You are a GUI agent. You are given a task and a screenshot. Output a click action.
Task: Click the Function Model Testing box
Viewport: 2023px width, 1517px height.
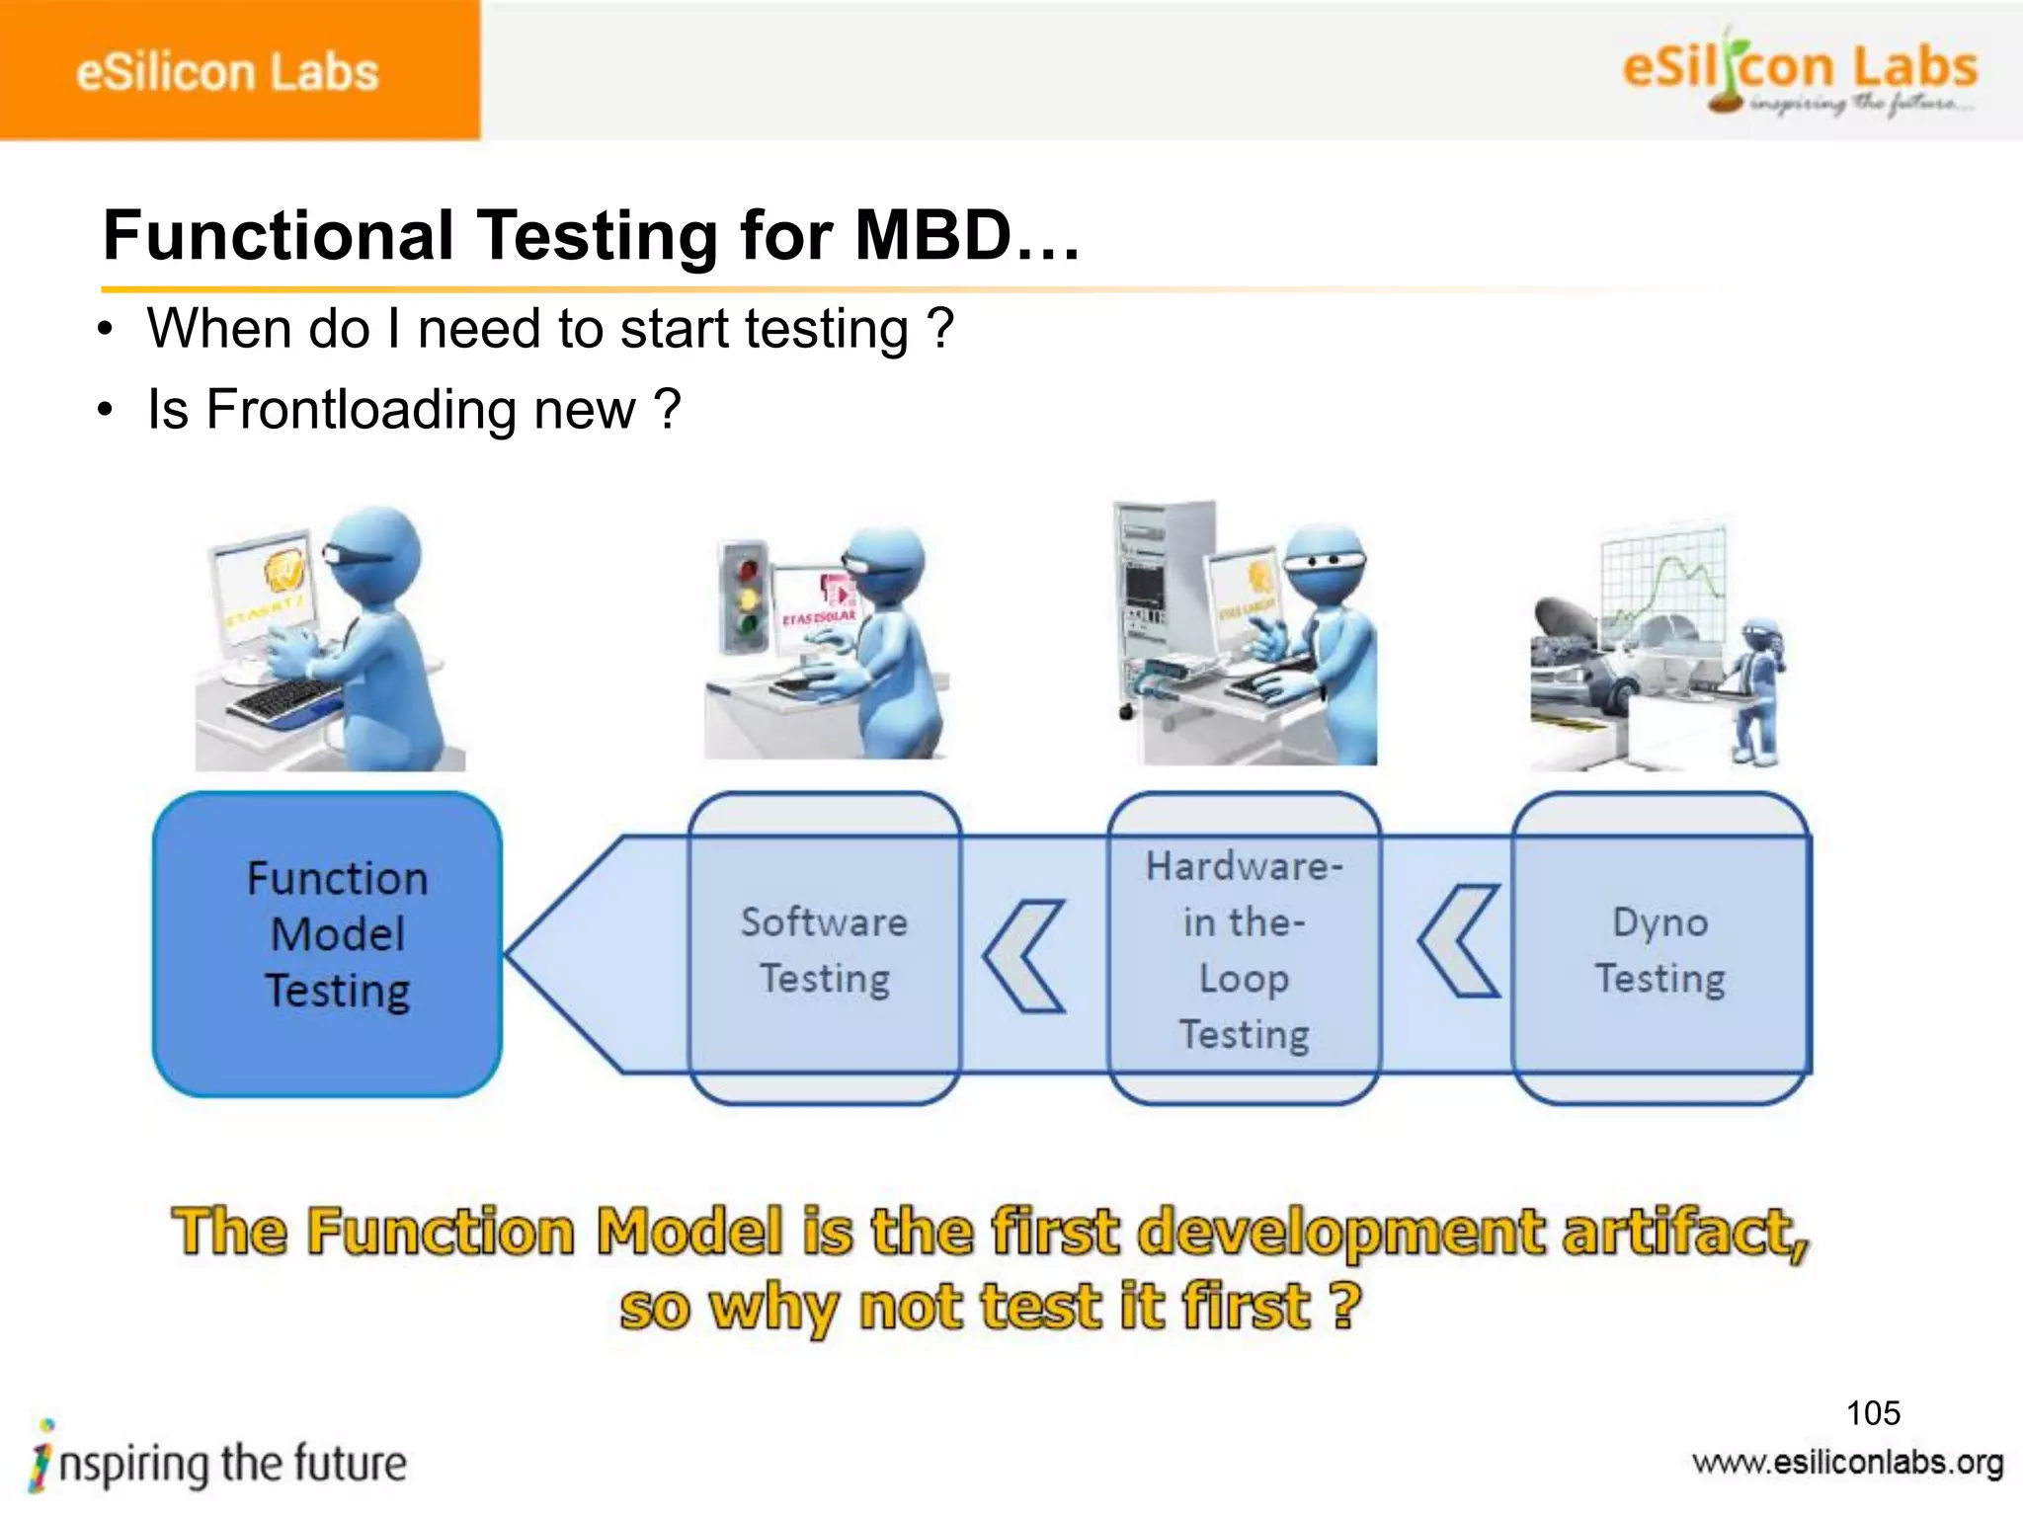(x=328, y=943)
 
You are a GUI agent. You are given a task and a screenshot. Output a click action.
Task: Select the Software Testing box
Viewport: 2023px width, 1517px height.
(x=825, y=948)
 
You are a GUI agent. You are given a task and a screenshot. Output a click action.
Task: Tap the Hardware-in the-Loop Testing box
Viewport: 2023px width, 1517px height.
(x=1244, y=948)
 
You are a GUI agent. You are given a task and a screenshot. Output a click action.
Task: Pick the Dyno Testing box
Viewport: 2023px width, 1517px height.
(x=1660, y=948)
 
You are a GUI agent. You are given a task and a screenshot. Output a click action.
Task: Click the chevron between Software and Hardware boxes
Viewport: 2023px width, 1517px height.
(x=1025, y=956)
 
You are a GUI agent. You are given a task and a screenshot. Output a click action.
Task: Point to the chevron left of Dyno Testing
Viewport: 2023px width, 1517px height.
(x=1460, y=940)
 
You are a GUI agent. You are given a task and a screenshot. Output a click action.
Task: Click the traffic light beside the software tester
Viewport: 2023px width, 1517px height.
(x=747, y=597)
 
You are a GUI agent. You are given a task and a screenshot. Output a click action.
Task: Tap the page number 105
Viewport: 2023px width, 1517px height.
(x=1873, y=1412)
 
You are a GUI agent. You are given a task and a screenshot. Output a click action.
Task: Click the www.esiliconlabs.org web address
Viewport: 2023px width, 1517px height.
(x=1847, y=1463)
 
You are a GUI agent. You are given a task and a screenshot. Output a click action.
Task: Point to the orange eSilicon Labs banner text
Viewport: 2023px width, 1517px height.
(x=227, y=72)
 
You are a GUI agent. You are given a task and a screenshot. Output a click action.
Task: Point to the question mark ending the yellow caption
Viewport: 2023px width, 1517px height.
(x=1345, y=1306)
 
